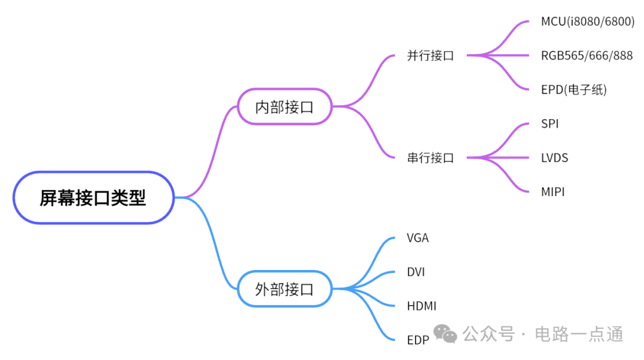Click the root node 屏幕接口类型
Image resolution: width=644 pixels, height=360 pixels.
[93, 198]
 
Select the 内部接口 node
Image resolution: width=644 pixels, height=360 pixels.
[284, 107]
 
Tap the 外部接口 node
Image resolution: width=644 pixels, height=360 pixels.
[284, 289]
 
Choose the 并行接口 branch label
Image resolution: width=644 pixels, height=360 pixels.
[430, 56]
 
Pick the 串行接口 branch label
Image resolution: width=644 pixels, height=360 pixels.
[430, 158]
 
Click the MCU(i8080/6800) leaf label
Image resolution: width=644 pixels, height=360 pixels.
[587, 22]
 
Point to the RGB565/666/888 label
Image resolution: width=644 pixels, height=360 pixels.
[587, 56]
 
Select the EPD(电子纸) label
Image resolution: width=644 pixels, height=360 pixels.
[574, 90]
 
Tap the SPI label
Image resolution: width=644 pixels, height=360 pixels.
[550, 124]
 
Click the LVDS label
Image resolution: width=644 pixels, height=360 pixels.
[555, 158]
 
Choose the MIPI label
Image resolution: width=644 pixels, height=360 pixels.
[553, 192]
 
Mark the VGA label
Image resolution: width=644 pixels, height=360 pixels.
[417, 238]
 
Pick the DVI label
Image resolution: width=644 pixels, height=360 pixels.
[416, 272]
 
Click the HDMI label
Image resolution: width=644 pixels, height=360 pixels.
[422, 306]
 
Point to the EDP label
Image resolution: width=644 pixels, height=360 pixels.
[418, 340]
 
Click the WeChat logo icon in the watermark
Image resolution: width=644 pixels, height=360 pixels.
[445, 334]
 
